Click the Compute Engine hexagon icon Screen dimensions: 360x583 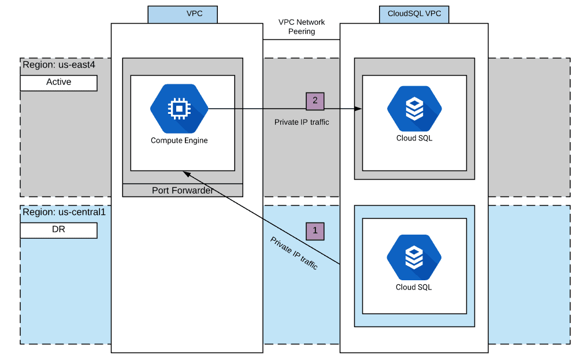pyautogui.click(x=179, y=109)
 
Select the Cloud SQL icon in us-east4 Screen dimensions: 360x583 pyautogui.click(x=414, y=109)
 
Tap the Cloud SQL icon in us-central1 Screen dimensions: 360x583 pyautogui.click(x=414, y=257)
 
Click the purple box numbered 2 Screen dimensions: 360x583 pyautogui.click(x=315, y=101)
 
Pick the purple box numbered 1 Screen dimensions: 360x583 pyautogui.click(x=315, y=231)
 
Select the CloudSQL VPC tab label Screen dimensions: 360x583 pyautogui.click(x=414, y=14)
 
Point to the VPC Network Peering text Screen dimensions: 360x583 pyautogui.click(x=302, y=27)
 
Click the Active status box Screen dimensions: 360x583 pyautogui.click(x=58, y=83)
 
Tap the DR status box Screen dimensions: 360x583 pyautogui.click(x=58, y=230)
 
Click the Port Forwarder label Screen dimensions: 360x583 pyautogui.click(x=183, y=190)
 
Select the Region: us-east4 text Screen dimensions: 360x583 pyautogui.click(x=58, y=65)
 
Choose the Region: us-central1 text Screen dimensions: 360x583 pyautogui.click(x=64, y=212)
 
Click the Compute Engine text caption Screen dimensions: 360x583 pyautogui.click(x=179, y=140)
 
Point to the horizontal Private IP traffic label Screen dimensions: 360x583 pyautogui.click(x=302, y=122)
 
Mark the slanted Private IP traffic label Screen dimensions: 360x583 pyautogui.click(x=294, y=253)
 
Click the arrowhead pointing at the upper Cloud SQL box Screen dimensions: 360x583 pyautogui.click(x=359, y=109)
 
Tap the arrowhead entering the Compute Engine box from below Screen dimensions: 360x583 pyautogui.click(x=187, y=173)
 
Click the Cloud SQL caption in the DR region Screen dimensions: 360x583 pyautogui.click(x=414, y=287)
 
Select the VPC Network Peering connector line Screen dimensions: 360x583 pyautogui.click(x=302, y=40)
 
